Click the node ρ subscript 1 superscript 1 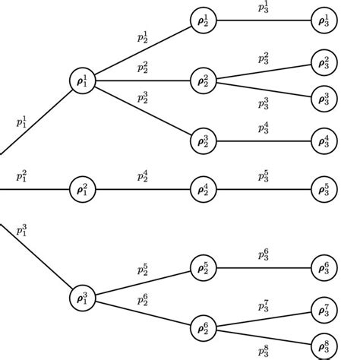pyautogui.click(x=82, y=81)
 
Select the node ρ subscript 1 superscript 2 pyautogui.click(x=82, y=188)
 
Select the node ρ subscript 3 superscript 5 pyautogui.click(x=324, y=188)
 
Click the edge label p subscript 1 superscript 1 pyautogui.click(x=22, y=121)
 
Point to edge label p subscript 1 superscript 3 pyautogui.click(x=22, y=231)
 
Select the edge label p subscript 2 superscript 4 pyautogui.click(x=143, y=176)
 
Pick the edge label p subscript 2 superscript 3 pyautogui.click(x=143, y=97)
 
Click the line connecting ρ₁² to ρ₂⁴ pyautogui.click(x=142, y=188)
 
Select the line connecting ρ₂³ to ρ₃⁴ pyautogui.click(x=263, y=141)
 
